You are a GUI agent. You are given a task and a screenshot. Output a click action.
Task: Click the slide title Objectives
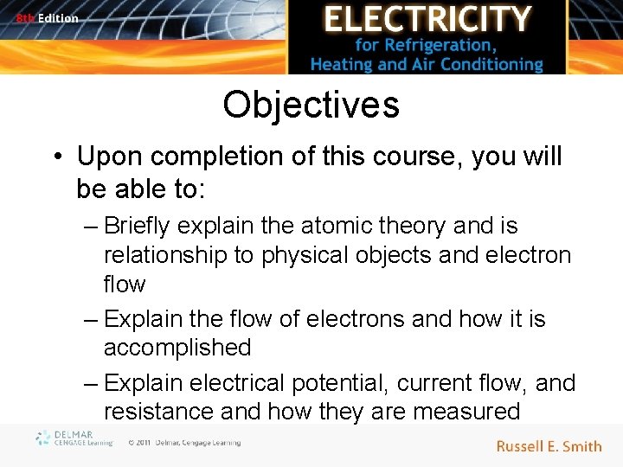click(311, 106)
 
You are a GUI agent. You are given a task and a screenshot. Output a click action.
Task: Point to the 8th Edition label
click(47, 17)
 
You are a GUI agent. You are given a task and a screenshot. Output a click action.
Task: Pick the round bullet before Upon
click(56, 157)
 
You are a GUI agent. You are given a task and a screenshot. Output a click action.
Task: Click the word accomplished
click(177, 348)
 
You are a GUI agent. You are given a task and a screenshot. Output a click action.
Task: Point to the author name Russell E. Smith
click(549, 446)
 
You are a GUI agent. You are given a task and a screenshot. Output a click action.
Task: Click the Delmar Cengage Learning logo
click(74, 439)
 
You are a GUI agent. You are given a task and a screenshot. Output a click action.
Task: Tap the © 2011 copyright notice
click(183, 443)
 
